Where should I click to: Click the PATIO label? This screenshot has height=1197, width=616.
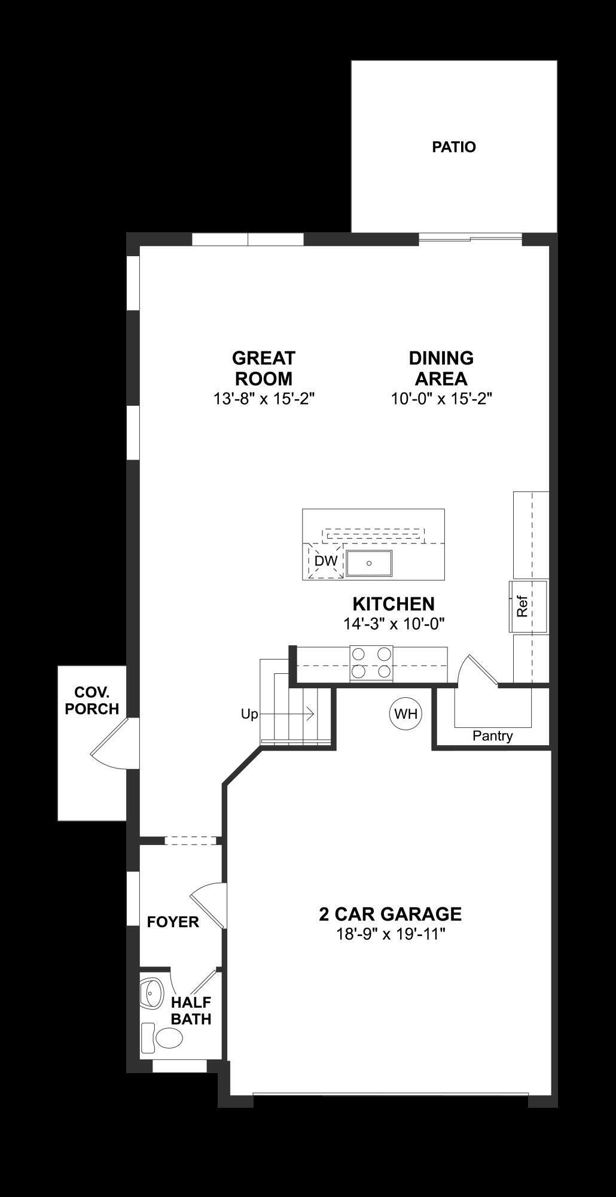click(x=454, y=147)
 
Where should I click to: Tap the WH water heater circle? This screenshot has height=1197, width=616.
click(x=406, y=713)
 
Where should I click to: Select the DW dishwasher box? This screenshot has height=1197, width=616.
click(x=326, y=561)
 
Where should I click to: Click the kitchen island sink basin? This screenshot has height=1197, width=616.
click(x=370, y=563)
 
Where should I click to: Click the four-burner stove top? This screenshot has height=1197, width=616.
click(x=371, y=663)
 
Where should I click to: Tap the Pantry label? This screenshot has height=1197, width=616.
click(x=492, y=736)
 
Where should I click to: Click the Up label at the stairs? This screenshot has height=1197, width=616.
click(x=249, y=714)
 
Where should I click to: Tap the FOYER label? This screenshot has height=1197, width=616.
click(x=173, y=922)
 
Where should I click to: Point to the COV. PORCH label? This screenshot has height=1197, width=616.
click(x=92, y=701)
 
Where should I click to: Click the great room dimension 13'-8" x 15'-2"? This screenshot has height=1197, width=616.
click(x=264, y=399)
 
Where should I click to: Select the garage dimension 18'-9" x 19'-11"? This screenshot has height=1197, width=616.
click(x=391, y=934)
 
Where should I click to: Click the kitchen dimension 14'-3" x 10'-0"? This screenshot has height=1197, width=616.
click(x=394, y=624)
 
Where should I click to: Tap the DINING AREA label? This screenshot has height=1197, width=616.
click(x=441, y=368)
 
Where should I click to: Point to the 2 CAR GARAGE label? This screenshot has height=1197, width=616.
click(x=390, y=914)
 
